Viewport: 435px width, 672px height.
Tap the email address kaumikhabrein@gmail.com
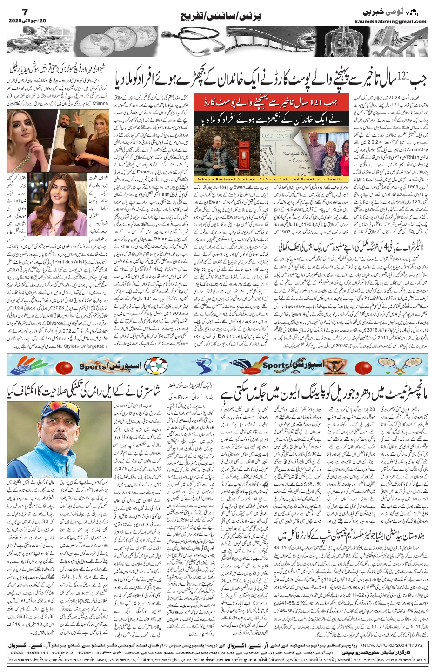click(396, 21)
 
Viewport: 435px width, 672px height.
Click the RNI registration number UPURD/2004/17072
click(402, 645)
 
